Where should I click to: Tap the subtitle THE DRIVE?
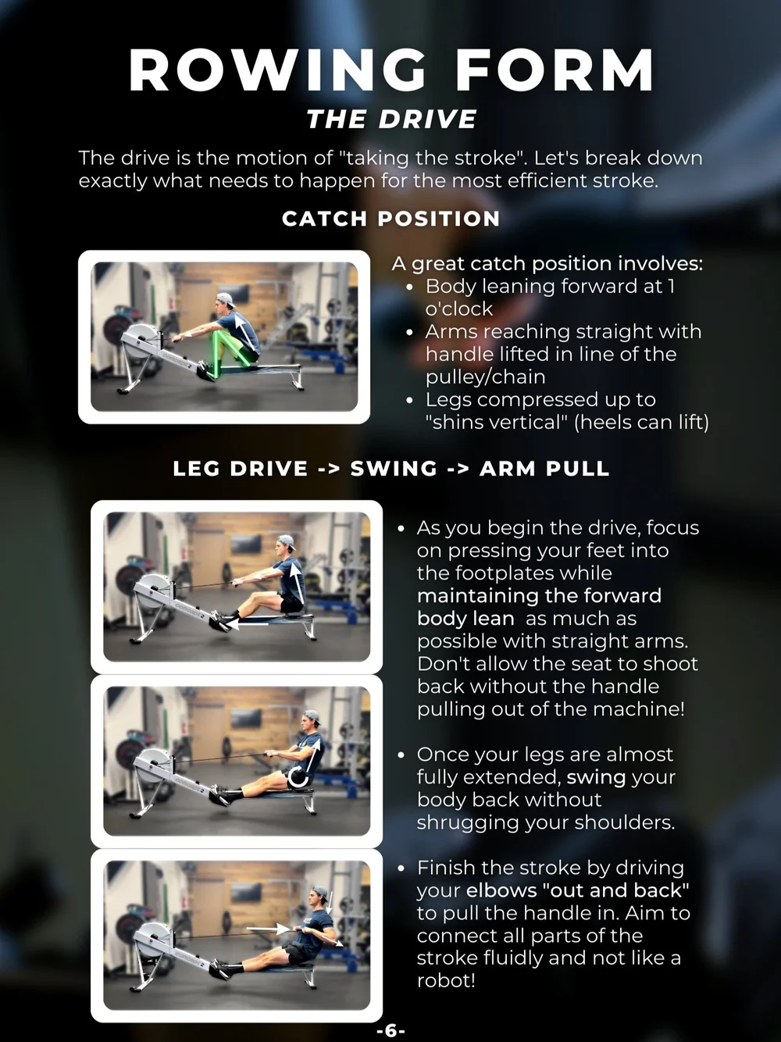tap(391, 120)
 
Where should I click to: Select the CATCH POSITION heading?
tap(390, 219)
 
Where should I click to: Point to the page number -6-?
tap(390, 1031)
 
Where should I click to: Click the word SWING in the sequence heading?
tap(394, 469)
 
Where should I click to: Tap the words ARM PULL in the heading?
tap(544, 469)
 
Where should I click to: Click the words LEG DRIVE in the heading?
tap(241, 469)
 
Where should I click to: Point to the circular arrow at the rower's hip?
tap(298, 777)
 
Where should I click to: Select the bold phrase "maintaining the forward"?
tap(539, 596)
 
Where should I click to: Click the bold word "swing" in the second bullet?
tap(596, 777)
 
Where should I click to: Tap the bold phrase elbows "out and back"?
tap(578, 890)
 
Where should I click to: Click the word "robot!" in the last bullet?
tap(446, 981)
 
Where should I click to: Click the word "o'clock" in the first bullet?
tap(458, 309)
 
